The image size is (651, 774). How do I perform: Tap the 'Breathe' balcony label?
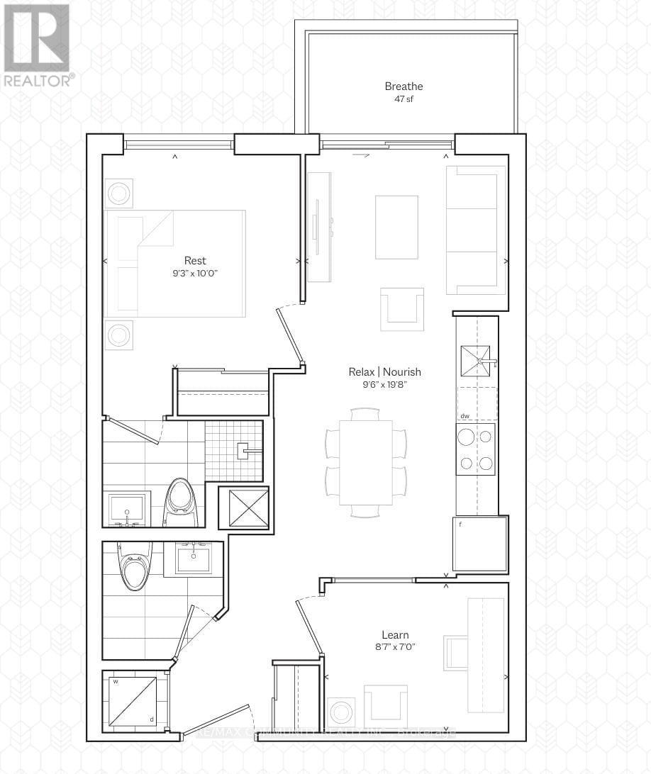tap(404, 86)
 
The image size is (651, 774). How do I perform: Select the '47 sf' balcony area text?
tap(404, 99)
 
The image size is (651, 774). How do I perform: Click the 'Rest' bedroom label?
tap(195, 260)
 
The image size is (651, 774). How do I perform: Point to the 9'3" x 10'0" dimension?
tap(195, 273)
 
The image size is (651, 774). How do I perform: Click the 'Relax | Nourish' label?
tap(384, 371)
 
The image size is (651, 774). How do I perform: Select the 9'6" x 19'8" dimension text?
tap(384, 385)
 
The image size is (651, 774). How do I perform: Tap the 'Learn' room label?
tap(395, 635)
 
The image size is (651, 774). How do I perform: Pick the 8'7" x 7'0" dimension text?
tap(395, 647)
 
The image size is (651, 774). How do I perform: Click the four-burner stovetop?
tap(475, 449)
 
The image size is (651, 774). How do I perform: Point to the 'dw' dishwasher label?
tap(464, 417)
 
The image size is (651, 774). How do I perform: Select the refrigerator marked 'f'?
tap(480, 544)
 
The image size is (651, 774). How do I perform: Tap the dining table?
tap(365, 462)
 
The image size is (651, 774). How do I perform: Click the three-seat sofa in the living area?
tap(475, 230)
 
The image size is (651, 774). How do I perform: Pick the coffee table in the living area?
tap(397, 227)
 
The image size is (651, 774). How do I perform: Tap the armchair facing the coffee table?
tap(401, 309)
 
